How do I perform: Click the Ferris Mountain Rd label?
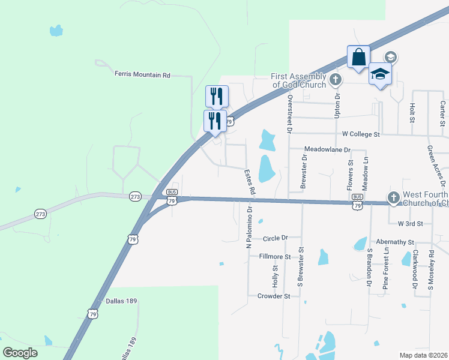pyautogui.click(x=142, y=75)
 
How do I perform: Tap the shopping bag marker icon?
pyautogui.click(x=358, y=58)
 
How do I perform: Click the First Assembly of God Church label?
pyautogui.click(x=298, y=80)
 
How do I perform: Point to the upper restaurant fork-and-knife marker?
pyautogui.click(x=217, y=97)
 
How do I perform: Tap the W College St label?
pyautogui.click(x=361, y=134)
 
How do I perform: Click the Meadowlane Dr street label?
pyautogui.click(x=327, y=148)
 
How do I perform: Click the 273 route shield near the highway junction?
pyautogui.click(x=134, y=196)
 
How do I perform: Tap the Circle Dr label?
pyautogui.click(x=276, y=238)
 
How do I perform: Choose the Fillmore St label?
pyautogui.click(x=274, y=257)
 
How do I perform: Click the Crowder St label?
pyautogui.click(x=274, y=296)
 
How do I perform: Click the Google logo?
pyautogui.click(x=20, y=352)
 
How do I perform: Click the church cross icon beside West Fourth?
pyautogui.click(x=393, y=197)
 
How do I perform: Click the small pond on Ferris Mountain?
pyautogui.click(x=56, y=30)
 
